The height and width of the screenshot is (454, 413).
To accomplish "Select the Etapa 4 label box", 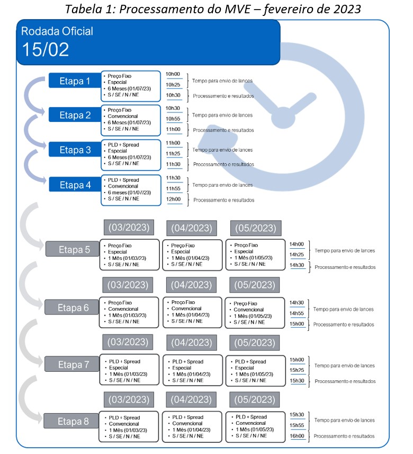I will (75, 185).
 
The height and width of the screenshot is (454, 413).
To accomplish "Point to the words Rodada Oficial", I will (57, 31).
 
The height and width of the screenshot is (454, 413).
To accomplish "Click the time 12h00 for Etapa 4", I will (173, 199).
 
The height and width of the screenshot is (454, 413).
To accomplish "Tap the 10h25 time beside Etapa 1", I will (173, 85).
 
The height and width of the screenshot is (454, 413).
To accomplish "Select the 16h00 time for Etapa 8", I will (297, 436).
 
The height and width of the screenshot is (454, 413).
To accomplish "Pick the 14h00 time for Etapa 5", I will (297, 245).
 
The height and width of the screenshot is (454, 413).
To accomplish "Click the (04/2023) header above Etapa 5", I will (191, 229).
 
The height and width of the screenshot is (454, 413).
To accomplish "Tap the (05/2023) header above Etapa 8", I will (256, 399).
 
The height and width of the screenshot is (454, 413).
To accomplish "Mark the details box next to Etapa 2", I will (130, 119).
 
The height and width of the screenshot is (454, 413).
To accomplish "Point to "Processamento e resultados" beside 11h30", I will (223, 164).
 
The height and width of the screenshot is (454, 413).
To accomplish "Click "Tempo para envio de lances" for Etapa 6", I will (344, 309).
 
